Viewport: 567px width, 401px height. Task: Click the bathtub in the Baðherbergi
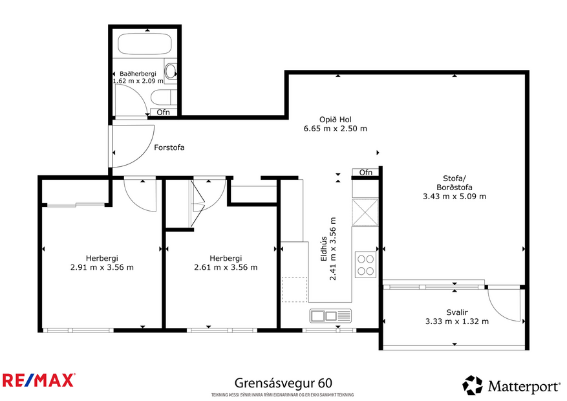[x=145, y=45]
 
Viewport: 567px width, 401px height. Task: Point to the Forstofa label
[x=169, y=147]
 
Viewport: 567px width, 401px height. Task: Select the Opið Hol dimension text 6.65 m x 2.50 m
[x=335, y=129]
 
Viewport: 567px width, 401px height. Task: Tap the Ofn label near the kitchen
[x=366, y=173]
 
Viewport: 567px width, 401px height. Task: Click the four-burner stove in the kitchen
[x=365, y=264]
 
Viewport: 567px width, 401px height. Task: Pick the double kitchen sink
[x=330, y=316]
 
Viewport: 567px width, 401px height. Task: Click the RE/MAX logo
[x=39, y=380]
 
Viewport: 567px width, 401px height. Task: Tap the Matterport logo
[x=511, y=385]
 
